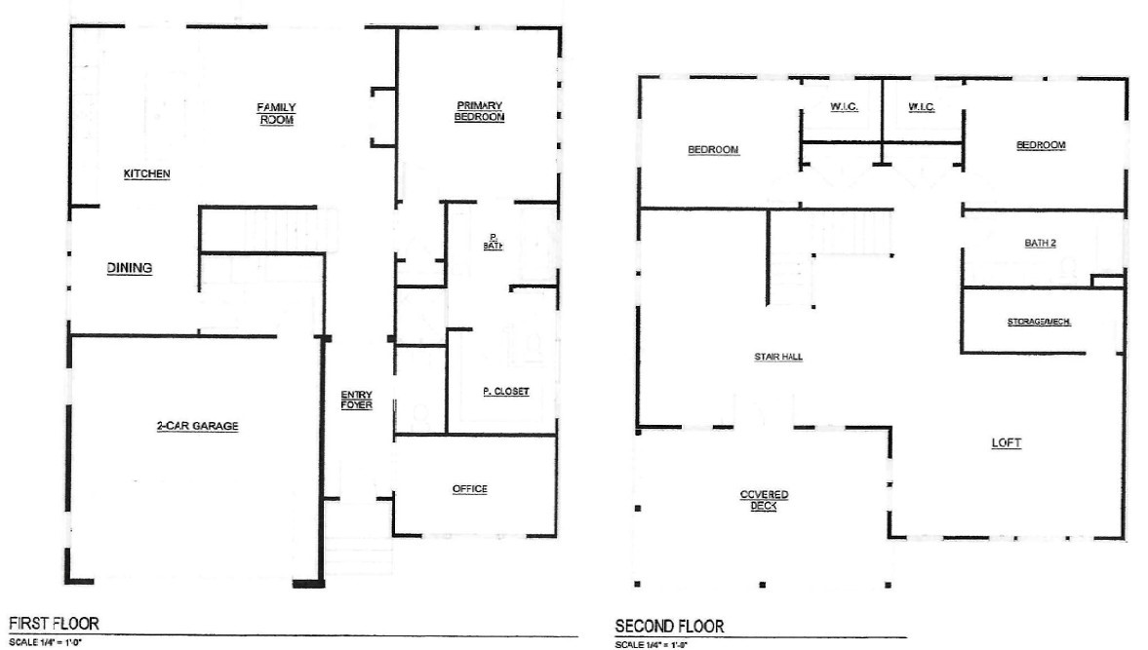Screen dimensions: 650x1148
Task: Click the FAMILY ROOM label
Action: [276, 113]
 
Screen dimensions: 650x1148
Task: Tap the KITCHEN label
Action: [147, 174]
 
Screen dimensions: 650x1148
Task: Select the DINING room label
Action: [130, 268]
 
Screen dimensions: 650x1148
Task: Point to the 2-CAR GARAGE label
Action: [198, 426]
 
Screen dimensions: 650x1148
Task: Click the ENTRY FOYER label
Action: [356, 400]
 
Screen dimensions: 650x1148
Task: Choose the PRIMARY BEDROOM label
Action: [479, 111]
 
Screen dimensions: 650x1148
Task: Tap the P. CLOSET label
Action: [505, 392]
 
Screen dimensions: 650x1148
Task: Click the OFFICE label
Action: [469, 489]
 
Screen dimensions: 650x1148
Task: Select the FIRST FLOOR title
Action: [54, 623]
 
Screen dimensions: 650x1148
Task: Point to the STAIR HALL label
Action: [778, 358]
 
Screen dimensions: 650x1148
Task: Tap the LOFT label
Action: [1006, 443]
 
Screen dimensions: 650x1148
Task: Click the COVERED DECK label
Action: [764, 500]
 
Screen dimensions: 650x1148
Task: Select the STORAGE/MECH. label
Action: [1039, 322]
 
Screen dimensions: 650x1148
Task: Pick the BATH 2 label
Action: [1040, 244]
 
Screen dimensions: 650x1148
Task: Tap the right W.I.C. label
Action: [922, 107]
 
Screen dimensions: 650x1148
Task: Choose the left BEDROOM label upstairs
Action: [713, 150]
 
